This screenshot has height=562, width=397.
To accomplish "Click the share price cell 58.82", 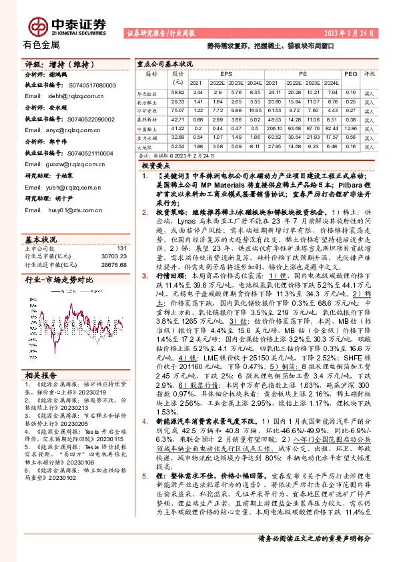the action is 177,91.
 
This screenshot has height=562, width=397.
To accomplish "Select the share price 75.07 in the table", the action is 177,109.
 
